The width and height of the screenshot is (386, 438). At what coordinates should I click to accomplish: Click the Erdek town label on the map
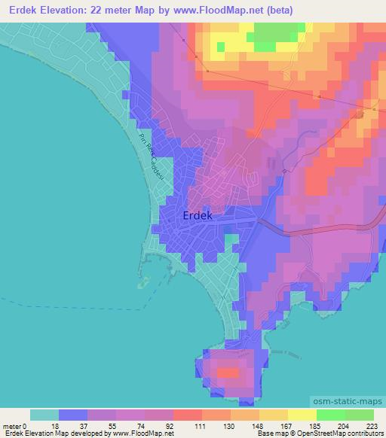point(200,216)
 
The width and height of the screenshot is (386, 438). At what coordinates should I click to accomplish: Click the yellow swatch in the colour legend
point(302,415)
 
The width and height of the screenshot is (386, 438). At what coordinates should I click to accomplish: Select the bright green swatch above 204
point(331,415)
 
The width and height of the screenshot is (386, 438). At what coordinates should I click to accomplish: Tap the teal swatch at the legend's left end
point(44,415)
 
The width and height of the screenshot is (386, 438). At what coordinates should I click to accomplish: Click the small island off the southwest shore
point(142,284)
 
